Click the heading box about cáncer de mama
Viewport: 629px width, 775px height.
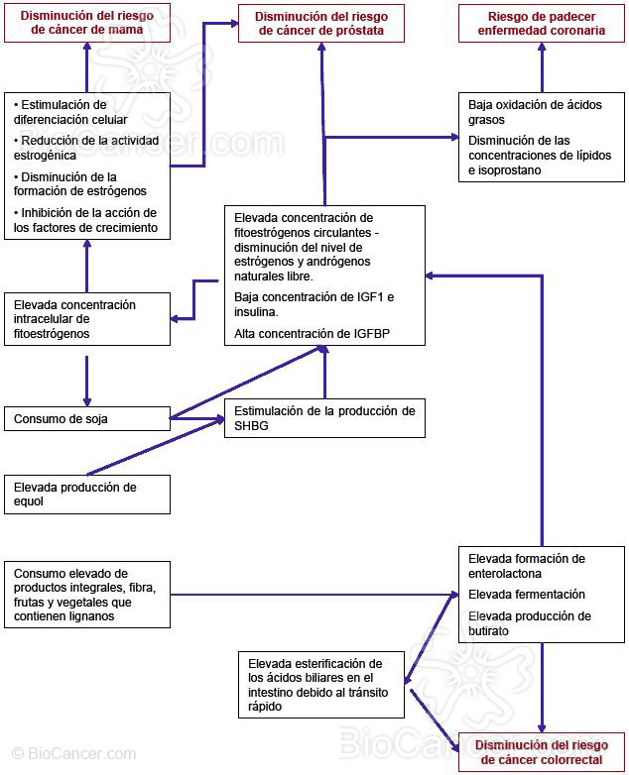pos(86,23)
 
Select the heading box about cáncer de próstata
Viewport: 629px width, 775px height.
pos(320,24)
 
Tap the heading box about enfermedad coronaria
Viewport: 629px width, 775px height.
pos(542,24)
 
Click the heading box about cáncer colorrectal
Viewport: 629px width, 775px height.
pos(541,752)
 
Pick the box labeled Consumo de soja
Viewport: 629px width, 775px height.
pos(86,419)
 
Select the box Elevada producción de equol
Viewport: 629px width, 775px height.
pos(86,494)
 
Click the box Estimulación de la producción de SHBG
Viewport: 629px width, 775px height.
pos(325,418)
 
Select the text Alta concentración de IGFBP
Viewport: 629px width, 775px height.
pos(312,335)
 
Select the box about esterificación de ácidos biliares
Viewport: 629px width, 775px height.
pos(320,685)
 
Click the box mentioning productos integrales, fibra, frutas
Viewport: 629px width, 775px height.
pos(86,595)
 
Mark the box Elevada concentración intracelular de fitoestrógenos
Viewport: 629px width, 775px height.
pos(86,319)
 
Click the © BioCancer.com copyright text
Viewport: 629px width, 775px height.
pos(73,754)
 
